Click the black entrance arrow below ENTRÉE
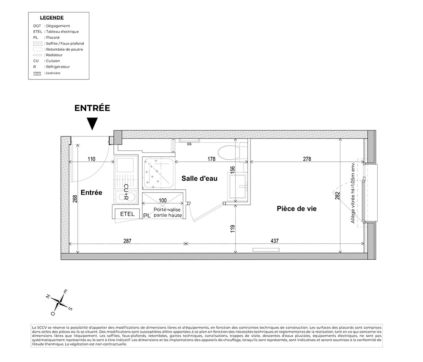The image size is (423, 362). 92,124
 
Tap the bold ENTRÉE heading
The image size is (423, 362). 92,108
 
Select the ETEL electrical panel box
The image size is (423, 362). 127,214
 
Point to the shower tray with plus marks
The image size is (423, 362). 159,174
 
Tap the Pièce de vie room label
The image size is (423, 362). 297,209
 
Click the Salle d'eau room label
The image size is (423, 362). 199,178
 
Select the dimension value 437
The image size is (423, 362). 275,240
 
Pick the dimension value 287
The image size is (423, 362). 127,240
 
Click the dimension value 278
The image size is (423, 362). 307,159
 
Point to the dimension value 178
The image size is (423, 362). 211,159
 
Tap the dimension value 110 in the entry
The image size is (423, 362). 91,159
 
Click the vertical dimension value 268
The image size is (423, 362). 75,199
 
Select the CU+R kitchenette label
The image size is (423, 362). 126,192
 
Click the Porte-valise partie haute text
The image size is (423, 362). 168,212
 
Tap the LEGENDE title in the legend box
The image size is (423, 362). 52,18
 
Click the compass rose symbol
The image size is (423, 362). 60,302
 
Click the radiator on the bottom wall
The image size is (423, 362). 266,250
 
